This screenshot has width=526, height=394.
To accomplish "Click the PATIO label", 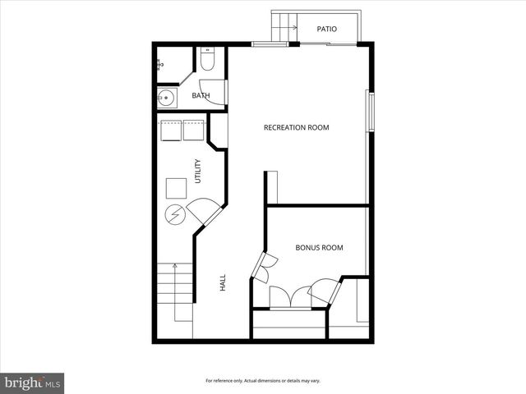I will coord(327,29).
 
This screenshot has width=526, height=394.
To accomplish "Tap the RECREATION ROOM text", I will coord(296,127).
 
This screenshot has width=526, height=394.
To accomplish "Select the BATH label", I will coord(201,96).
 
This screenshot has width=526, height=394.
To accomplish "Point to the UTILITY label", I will coord(197,171).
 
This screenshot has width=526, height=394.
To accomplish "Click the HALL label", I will coord(223,283).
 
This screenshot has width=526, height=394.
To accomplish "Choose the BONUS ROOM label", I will coord(319,247).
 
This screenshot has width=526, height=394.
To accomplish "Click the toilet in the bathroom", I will coord(207,61).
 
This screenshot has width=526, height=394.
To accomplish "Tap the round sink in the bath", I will coord(167,98).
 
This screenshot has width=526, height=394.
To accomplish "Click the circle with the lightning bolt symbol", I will coord(174,215).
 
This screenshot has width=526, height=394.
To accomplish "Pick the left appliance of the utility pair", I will coord(172,131).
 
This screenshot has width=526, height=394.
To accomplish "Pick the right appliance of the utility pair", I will coord(193,131).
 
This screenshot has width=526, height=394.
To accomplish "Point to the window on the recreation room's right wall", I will coord(370,115).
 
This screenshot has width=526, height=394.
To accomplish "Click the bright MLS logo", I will coord(32,382).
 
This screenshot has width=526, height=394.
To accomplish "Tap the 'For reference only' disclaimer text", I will coord(262,381).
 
